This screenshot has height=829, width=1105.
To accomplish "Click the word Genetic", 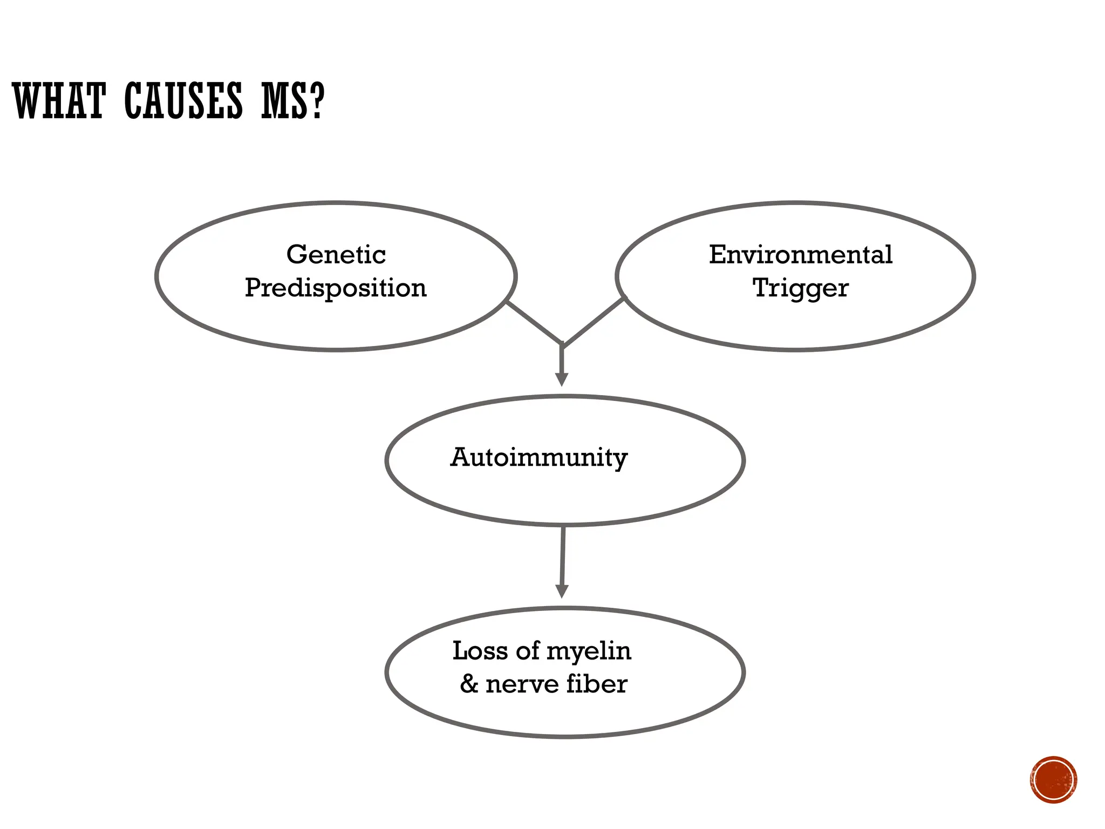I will (x=336, y=254).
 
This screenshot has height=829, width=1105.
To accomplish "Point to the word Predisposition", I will (x=336, y=288).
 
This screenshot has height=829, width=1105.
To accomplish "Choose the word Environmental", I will (x=800, y=254).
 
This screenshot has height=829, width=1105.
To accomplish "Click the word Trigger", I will (x=800, y=288).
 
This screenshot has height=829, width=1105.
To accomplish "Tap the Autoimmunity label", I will (x=538, y=458).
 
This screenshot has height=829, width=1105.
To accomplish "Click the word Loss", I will (x=480, y=650).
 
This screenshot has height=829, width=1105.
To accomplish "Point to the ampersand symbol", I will (x=469, y=684).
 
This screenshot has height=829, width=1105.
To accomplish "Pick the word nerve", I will (x=522, y=684).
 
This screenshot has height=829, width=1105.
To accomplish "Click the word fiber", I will (x=597, y=684).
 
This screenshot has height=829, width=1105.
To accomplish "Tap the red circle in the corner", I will (x=1053, y=780).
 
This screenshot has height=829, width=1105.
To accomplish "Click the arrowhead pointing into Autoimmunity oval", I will (x=562, y=379).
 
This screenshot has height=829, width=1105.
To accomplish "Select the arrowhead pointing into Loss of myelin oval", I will (x=562, y=591).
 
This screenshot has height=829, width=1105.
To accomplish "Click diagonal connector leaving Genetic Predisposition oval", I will (x=534, y=322).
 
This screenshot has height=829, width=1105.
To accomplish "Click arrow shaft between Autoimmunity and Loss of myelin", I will (x=563, y=556).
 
